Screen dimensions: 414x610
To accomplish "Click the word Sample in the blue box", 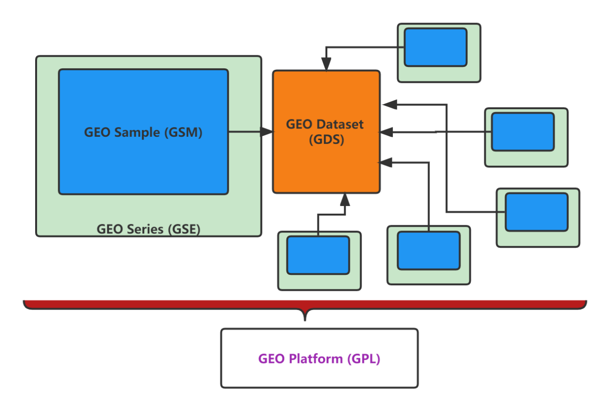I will (x=137, y=132).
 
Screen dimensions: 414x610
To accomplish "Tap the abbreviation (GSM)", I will (x=183, y=132).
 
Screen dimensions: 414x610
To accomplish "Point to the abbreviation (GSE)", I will (x=183, y=229).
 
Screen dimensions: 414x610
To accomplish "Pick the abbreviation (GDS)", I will (x=326, y=140).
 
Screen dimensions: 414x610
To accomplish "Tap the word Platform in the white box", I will (x=316, y=359).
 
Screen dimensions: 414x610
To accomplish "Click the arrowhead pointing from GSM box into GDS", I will (x=267, y=131).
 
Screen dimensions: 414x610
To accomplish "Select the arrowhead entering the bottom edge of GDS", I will (x=344, y=199).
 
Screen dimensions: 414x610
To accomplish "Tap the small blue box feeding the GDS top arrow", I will (x=435, y=47).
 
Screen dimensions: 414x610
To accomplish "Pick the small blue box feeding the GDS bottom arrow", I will (x=318, y=255).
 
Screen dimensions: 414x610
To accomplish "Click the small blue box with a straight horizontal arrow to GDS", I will (x=522, y=132).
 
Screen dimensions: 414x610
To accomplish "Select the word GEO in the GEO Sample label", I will (x=98, y=132).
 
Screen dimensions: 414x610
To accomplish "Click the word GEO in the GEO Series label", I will (x=110, y=229).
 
